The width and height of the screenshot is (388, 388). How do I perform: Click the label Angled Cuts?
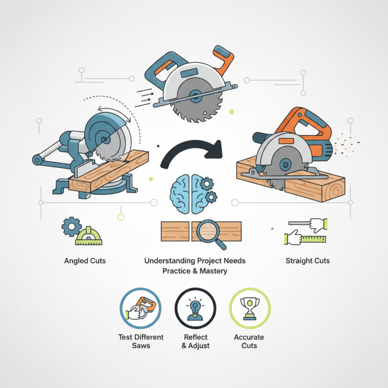tap(85, 261)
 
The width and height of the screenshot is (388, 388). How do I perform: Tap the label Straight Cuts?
tap(307, 261)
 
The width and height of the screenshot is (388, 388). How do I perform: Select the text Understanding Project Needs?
tap(195, 261)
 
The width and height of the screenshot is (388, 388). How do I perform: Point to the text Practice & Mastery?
tap(195, 271)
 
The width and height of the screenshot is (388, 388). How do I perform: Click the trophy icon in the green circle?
tap(250, 308)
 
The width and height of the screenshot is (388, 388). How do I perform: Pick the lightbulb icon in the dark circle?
tap(195, 309)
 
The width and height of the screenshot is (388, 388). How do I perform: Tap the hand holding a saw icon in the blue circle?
tap(141, 308)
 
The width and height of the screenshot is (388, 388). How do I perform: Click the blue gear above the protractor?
tap(71, 226)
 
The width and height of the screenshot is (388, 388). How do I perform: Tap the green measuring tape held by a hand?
tap(313, 239)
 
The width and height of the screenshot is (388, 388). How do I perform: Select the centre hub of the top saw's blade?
tap(196, 96)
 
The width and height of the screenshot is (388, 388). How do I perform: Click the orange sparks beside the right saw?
tap(346, 145)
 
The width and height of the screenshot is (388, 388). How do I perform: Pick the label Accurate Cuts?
tap(249, 341)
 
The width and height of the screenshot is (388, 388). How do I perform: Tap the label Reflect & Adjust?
tap(195, 341)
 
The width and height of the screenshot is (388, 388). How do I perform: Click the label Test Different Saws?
tap(141, 341)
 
